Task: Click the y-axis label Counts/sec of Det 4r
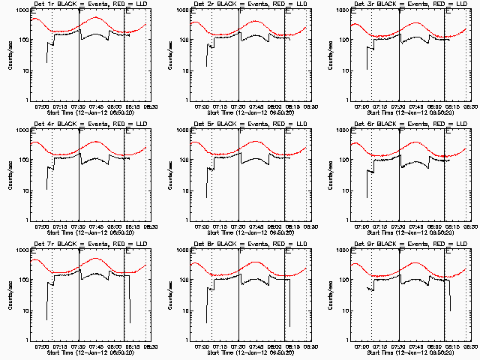click(10, 175)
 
